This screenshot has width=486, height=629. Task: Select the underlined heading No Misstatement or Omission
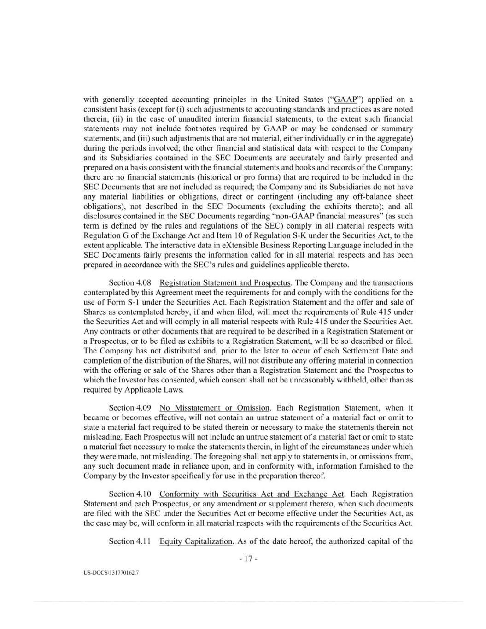[x=214, y=408]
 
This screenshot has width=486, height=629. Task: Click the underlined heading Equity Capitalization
[x=196, y=541]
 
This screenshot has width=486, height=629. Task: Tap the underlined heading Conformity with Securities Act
[x=252, y=494]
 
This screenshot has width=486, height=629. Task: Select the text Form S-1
[x=120, y=302]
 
